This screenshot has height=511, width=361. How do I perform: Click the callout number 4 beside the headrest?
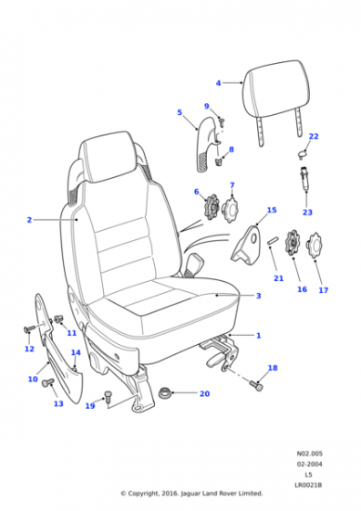click(x=218, y=83)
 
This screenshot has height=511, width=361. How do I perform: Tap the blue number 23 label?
click(x=307, y=212)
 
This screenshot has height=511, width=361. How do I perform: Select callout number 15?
click(x=272, y=210)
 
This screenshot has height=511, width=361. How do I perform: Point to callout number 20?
click(x=204, y=393)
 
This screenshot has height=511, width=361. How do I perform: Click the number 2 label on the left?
click(x=29, y=220)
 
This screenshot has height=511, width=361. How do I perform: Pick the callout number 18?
click(x=273, y=368)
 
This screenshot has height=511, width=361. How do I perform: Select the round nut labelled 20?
click(x=165, y=393)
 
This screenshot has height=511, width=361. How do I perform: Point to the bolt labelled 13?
click(x=47, y=382)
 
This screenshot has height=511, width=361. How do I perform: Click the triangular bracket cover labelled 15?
click(x=246, y=245)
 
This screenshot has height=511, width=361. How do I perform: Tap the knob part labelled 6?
click(x=211, y=206)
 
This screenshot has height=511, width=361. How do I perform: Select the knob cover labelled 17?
click(x=315, y=245)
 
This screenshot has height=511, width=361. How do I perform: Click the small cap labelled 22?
click(x=303, y=154)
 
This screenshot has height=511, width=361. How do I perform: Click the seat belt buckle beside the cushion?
click(x=194, y=264)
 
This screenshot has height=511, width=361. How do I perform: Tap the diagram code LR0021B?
click(x=308, y=485)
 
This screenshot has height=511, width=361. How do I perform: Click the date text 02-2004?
click(x=309, y=464)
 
